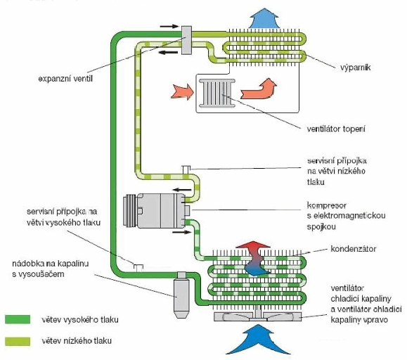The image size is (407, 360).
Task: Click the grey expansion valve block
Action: coord(186,40)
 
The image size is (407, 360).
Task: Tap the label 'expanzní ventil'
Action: coord(65,79)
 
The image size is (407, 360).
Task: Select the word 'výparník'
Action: coord(356,67)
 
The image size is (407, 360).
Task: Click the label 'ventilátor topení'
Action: coord(336,129)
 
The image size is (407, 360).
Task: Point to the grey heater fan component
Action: coord(217,93)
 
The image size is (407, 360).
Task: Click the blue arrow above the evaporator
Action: coord(264,18)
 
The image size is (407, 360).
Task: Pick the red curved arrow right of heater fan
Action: coord(259,89)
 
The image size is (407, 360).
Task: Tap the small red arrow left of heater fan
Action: coord(182,91)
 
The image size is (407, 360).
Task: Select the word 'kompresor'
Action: coord(327,205)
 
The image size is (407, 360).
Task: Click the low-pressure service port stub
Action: coord(186,169)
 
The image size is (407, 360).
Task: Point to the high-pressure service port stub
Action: coord(138,268)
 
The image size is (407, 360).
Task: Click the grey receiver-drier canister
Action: coord(181,295)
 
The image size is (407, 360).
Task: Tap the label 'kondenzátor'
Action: coord(354,249)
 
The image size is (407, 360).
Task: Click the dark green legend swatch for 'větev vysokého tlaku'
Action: coord(18,319)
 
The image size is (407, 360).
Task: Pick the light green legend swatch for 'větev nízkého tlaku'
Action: coord(18,341)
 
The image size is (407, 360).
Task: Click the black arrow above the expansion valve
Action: coord(169,26)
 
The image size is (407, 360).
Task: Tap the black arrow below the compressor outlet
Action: coord(181,232)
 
